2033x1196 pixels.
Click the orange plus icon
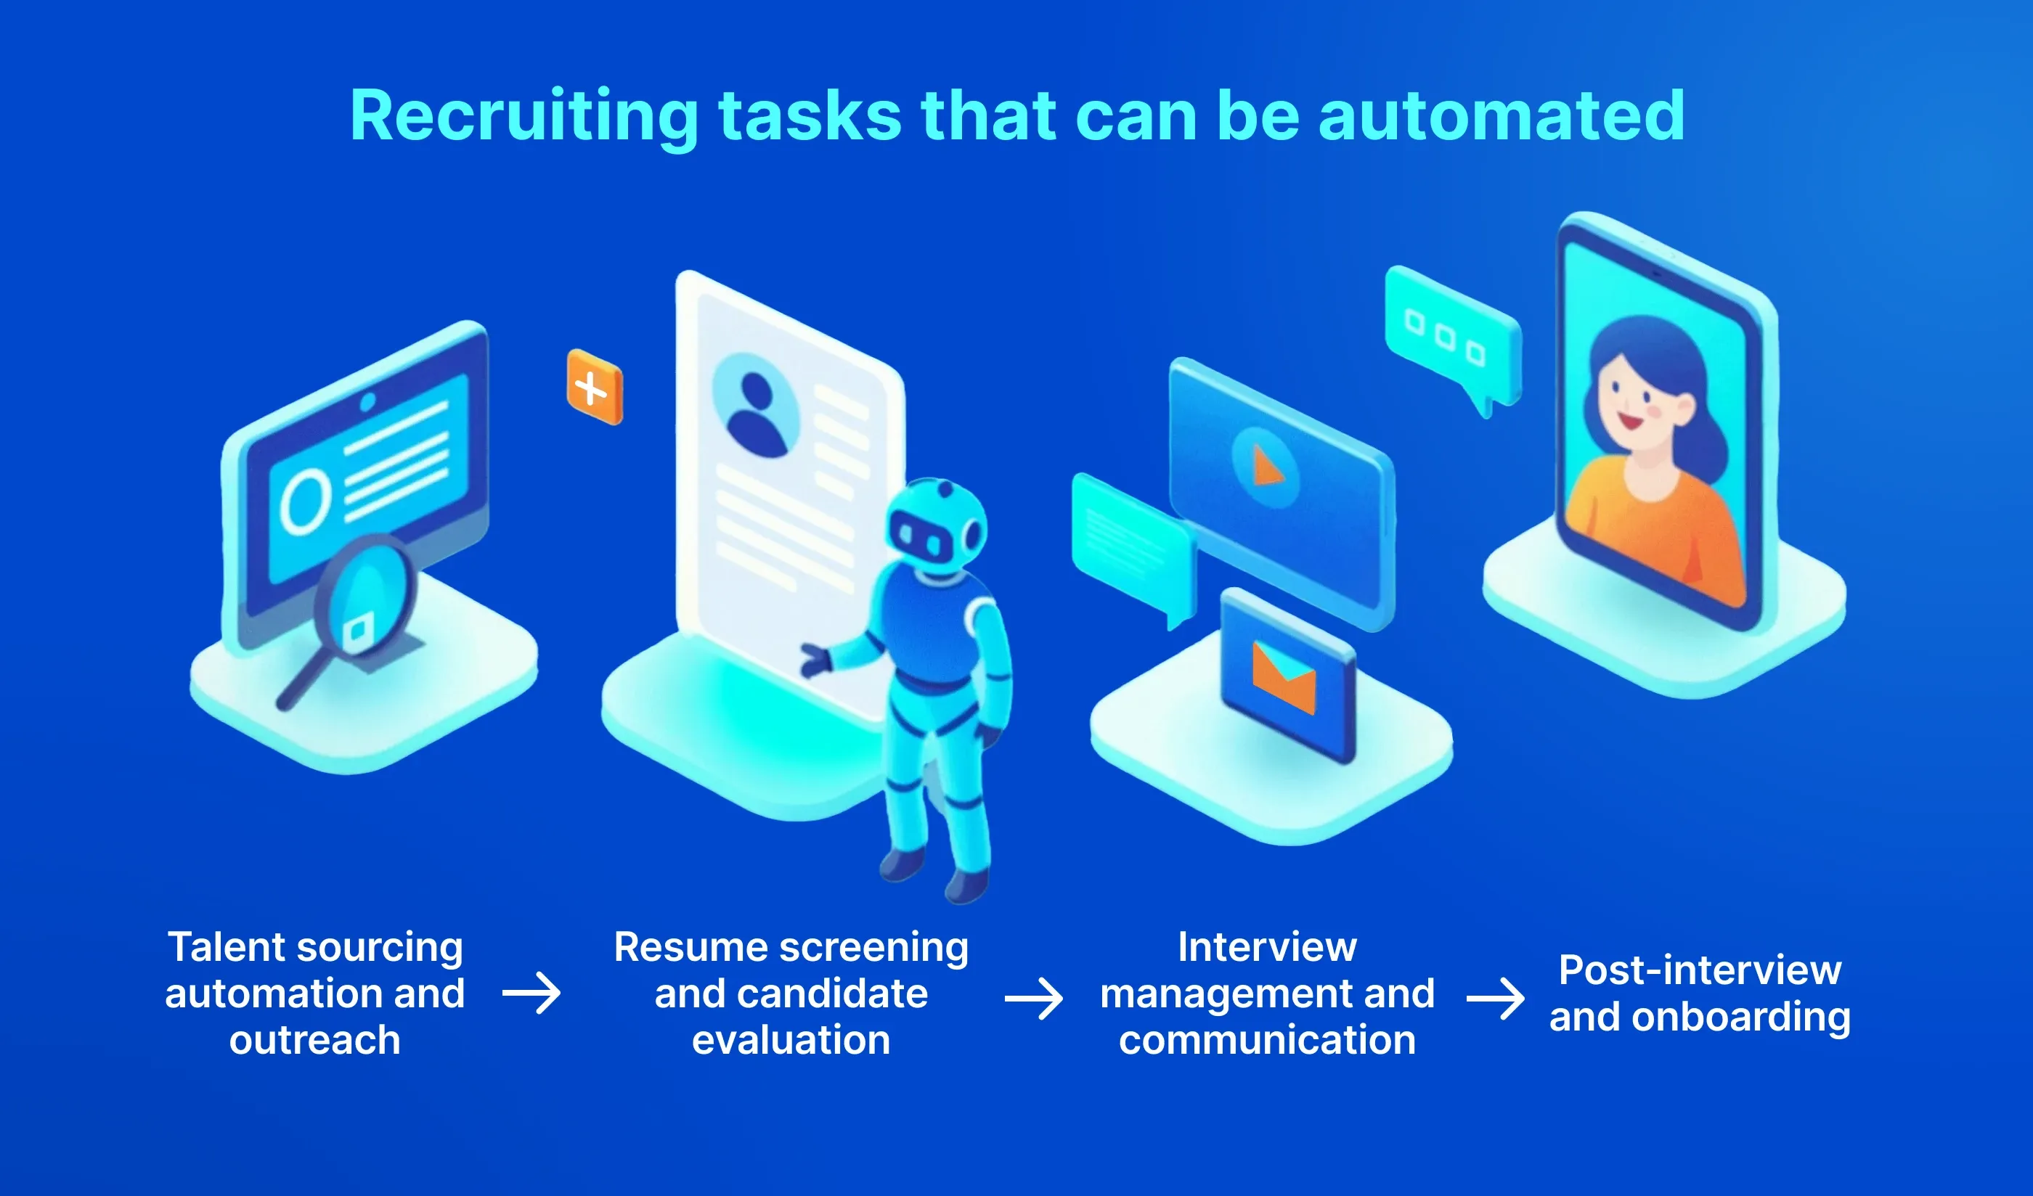tap(595, 387)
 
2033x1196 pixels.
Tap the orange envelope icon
tap(1284, 677)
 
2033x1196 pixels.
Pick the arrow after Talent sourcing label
tap(531, 993)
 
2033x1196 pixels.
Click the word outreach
tap(314, 1041)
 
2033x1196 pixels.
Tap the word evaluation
tap(791, 1041)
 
